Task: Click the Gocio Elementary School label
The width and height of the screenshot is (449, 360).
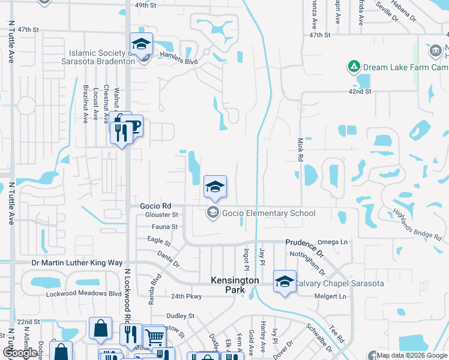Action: [x=268, y=213]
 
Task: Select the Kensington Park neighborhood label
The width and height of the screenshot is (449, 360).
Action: [x=235, y=285]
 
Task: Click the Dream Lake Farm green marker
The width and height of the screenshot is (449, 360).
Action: [x=354, y=66]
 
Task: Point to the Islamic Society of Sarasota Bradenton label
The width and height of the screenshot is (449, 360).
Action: [x=98, y=57]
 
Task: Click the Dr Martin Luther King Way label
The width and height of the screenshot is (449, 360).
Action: [x=77, y=263]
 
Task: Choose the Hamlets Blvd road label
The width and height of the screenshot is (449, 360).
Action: [x=179, y=61]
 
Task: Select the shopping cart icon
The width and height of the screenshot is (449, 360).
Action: [x=154, y=336]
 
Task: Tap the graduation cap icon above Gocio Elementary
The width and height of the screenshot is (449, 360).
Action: [x=214, y=187]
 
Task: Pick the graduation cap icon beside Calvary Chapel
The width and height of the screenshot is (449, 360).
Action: [x=284, y=281]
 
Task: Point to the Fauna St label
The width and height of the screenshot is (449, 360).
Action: [x=166, y=227]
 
